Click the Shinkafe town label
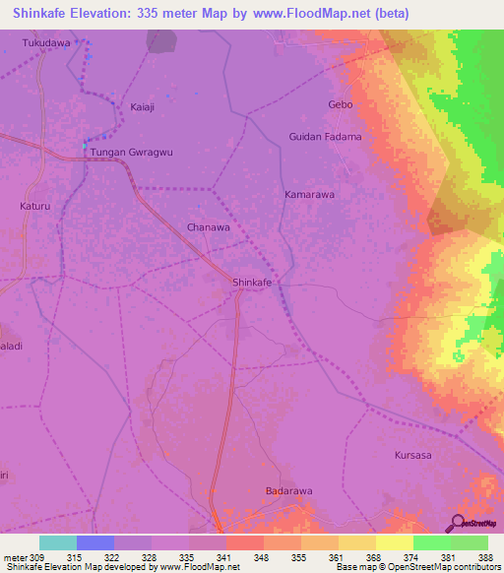[251, 283]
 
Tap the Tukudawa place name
[46, 44]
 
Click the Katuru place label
[34, 207]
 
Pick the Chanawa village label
[209, 226]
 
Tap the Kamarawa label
[310, 195]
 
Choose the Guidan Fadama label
[325, 137]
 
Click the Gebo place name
[340, 104]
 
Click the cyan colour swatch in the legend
[58, 542]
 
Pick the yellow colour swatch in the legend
[394, 542]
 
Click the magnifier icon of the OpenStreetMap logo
[456, 522]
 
